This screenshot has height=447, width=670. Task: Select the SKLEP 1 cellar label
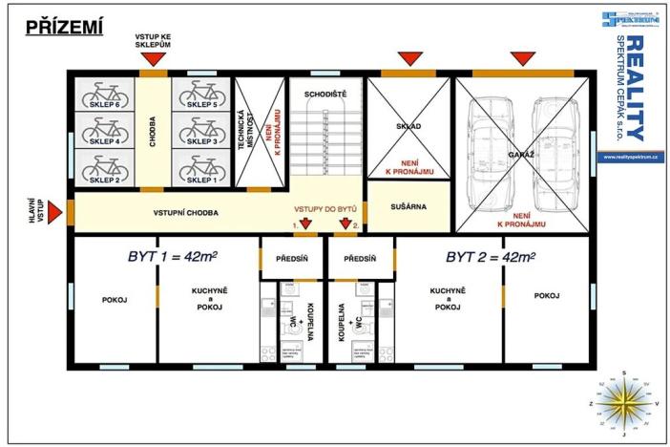coord(200,179)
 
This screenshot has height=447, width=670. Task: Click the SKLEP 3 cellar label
coord(200,141)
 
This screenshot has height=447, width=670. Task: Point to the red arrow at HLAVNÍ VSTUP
coord(56,210)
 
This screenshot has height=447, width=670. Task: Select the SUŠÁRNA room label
coord(408,205)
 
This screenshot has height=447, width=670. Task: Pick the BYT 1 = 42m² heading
coord(172,257)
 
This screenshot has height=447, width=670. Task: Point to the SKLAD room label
coord(408,125)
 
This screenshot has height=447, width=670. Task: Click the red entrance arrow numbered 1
coord(306,224)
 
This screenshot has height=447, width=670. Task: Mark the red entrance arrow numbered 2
coord(345,224)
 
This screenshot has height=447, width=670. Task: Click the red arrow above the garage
coord(520,59)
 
